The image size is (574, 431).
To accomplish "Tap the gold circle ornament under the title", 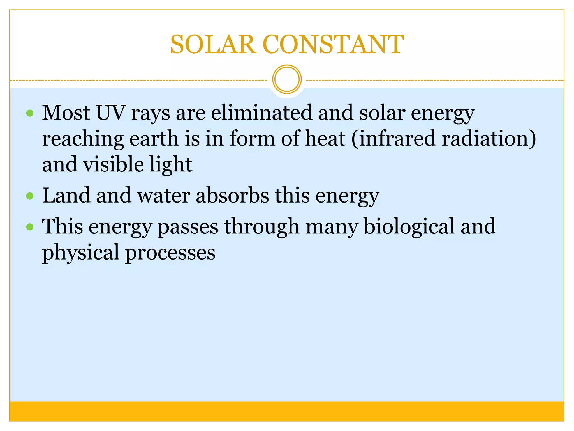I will pos(287,79).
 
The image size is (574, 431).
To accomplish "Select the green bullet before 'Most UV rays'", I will pos(30,113).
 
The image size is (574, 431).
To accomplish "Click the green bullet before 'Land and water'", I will pos(30,196).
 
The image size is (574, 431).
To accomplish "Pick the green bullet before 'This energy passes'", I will pos(30,227).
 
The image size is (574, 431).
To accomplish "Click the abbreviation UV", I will pos(110,113).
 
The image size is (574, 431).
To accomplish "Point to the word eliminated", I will pos(261,113).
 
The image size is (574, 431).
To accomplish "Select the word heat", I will pos(325,139).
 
